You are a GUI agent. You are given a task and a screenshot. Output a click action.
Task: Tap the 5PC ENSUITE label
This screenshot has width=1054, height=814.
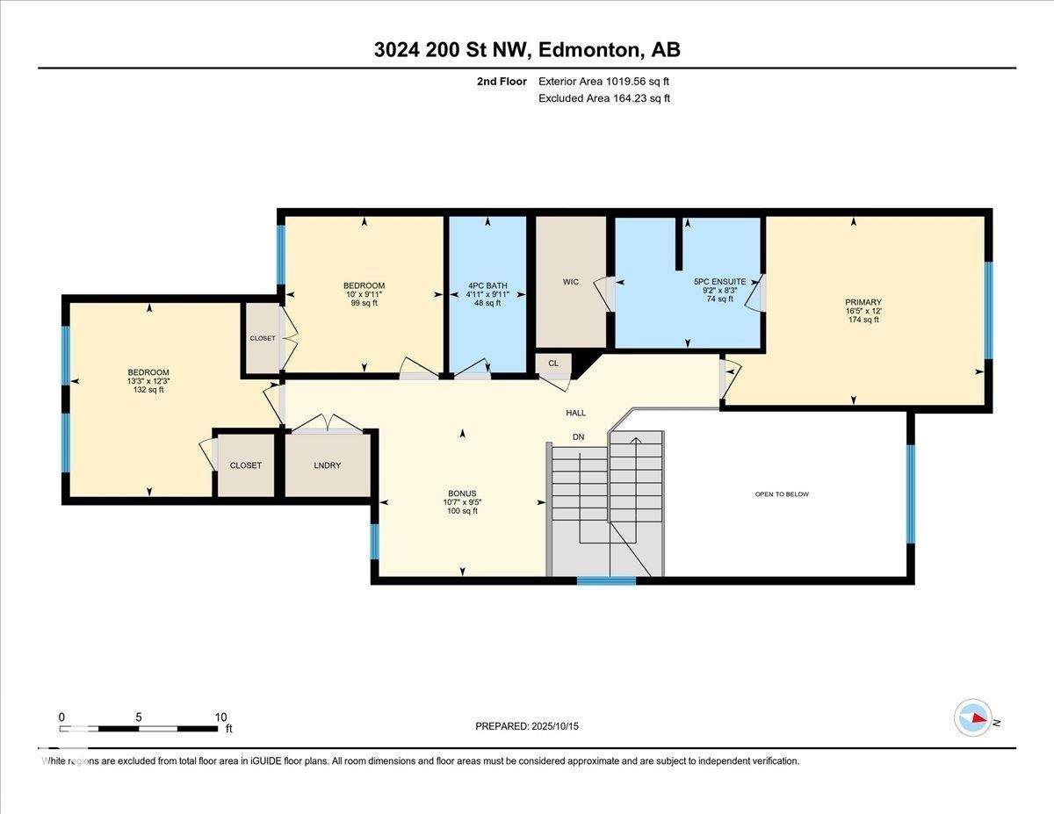pos(719,282)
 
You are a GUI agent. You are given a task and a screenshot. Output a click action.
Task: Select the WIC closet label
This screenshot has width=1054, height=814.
pos(571,282)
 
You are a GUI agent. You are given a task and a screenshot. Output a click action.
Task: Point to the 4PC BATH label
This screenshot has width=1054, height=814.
pos(487,285)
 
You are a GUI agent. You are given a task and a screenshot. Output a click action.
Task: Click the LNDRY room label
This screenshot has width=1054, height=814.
pos(327,465)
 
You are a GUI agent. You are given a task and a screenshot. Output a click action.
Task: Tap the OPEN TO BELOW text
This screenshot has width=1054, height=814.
pos(782,494)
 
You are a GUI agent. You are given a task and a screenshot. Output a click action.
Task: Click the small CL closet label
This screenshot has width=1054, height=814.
pos(553,363)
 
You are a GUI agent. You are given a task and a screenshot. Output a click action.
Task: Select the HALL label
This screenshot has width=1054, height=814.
pos(575,413)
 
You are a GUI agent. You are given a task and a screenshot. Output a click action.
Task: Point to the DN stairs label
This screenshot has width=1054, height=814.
pos(578,437)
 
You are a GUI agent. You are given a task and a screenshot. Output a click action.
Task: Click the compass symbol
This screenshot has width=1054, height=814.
pos(973,717)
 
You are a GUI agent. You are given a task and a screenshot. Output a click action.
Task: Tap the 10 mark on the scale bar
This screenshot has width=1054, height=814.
pos(220,717)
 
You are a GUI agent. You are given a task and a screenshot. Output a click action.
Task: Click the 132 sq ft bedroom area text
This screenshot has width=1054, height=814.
pos(148,390)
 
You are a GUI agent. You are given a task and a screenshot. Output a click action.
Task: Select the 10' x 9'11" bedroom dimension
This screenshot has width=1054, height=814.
pos(364,294)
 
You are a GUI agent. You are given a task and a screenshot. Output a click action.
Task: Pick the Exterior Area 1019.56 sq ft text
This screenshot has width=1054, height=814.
pos(610,82)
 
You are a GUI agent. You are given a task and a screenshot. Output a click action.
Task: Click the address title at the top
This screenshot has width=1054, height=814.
pos(527,50)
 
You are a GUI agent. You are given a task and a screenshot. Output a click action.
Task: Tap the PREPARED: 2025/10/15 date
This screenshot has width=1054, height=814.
pos(528,726)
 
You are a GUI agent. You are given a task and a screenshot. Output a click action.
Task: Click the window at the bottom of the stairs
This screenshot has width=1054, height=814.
pos(606,580)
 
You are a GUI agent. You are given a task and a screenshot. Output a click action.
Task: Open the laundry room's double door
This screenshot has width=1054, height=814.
pos(327,426)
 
